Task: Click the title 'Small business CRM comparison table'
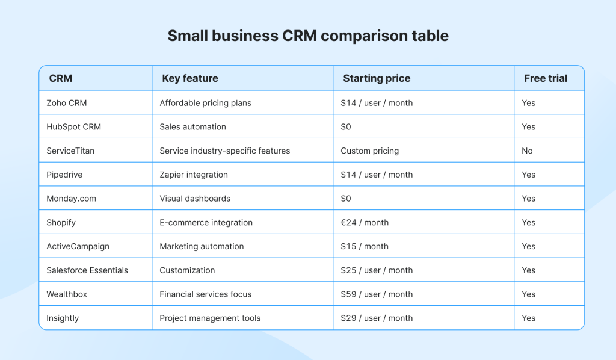click(x=308, y=36)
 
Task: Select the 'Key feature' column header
click(x=190, y=78)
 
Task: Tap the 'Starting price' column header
click(x=377, y=79)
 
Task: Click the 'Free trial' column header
click(x=546, y=78)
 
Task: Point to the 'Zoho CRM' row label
click(x=66, y=103)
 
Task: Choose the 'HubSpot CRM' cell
click(x=73, y=127)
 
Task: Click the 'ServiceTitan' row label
click(x=70, y=151)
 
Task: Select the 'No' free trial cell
click(x=527, y=151)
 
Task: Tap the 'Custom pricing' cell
click(x=370, y=151)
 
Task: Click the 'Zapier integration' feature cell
click(x=194, y=175)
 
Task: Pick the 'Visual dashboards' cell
click(x=195, y=199)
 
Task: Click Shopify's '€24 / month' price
click(x=365, y=223)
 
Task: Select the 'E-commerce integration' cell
click(x=206, y=223)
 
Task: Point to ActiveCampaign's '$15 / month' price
click(x=365, y=246)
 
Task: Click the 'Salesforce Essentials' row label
click(x=87, y=270)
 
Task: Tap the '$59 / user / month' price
click(x=377, y=294)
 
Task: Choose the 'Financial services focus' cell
click(x=206, y=294)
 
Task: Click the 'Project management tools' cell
click(x=210, y=318)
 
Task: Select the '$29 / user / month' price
click(x=377, y=318)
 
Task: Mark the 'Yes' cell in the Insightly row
click(x=528, y=318)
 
